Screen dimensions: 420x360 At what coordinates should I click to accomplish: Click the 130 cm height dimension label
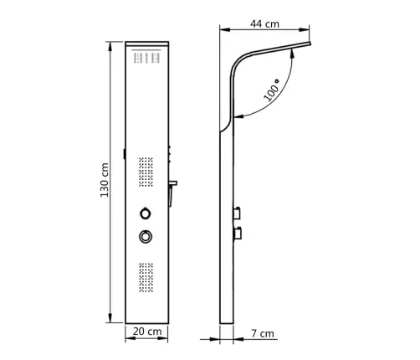(105, 180)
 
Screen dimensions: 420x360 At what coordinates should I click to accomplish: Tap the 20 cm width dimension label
(147, 332)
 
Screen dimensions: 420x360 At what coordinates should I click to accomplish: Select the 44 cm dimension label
(264, 24)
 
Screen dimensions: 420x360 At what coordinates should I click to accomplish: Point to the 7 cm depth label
(263, 333)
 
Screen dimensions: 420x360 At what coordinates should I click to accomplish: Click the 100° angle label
(272, 90)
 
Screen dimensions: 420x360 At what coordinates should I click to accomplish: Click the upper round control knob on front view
(146, 213)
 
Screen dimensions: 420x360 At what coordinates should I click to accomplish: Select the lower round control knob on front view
(146, 237)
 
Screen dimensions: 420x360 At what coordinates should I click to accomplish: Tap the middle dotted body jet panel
(146, 172)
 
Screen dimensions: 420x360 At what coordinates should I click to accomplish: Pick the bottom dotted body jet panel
(146, 277)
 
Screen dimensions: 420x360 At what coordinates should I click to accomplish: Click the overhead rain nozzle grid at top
(147, 57)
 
